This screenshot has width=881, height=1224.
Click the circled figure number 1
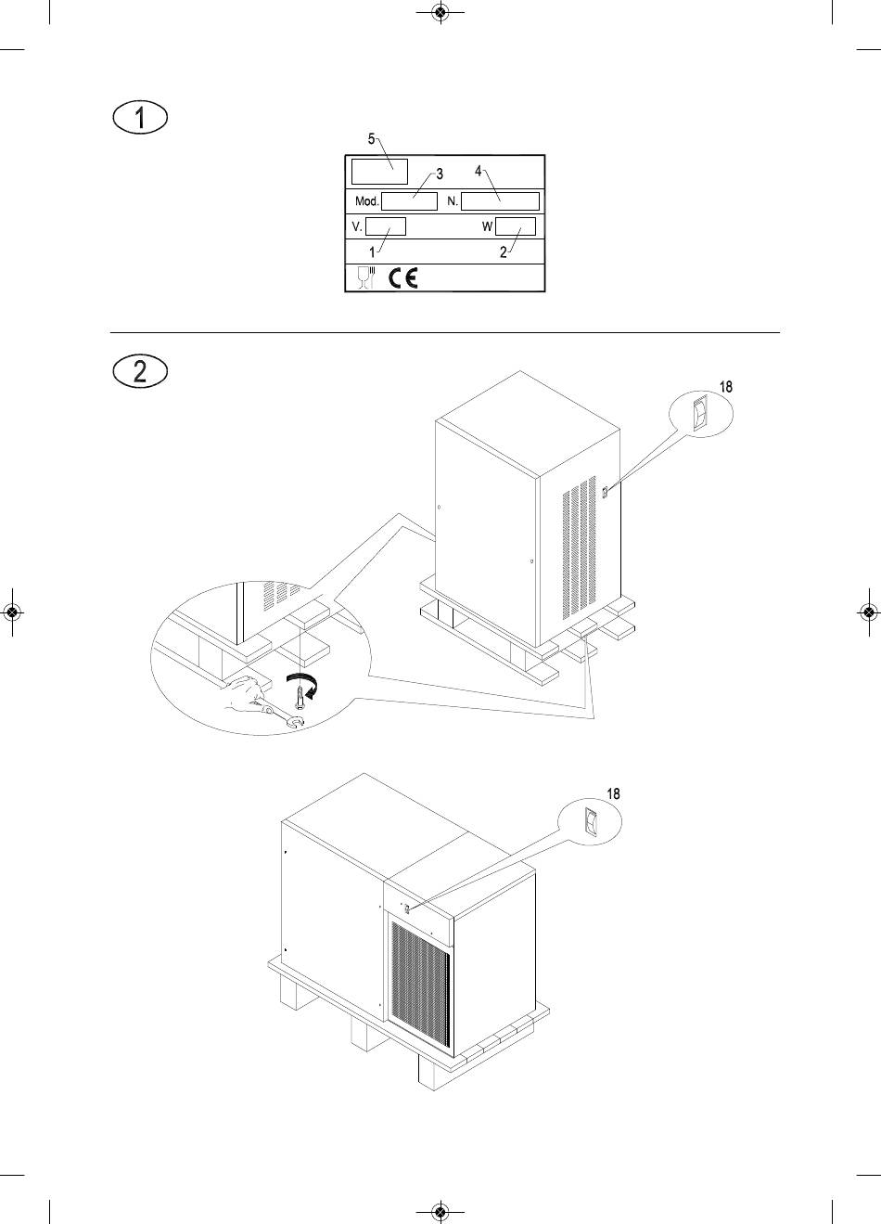[x=140, y=118]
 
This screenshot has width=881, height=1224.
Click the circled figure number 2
[x=140, y=371]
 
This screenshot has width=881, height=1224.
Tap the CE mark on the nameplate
[x=403, y=278]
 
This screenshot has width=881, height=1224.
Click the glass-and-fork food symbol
[x=366, y=277]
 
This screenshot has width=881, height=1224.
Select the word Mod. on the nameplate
[x=366, y=201]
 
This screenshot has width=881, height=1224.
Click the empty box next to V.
[x=386, y=226]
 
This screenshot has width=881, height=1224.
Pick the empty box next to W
[x=515, y=226]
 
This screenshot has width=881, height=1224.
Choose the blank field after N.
[x=500, y=201]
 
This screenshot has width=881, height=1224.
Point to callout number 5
[x=371, y=139]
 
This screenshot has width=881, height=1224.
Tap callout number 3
[x=440, y=174]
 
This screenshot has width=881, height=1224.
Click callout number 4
[x=479, y=172]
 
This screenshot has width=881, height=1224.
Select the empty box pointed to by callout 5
[x=379, y=172]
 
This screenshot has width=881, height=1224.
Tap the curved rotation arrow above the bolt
[x=305, y=684]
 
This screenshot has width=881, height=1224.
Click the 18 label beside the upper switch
[x=726, y=387]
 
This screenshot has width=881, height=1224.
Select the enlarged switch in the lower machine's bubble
[x=590, y=822]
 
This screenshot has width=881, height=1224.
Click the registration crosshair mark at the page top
[x=440, y=11]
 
